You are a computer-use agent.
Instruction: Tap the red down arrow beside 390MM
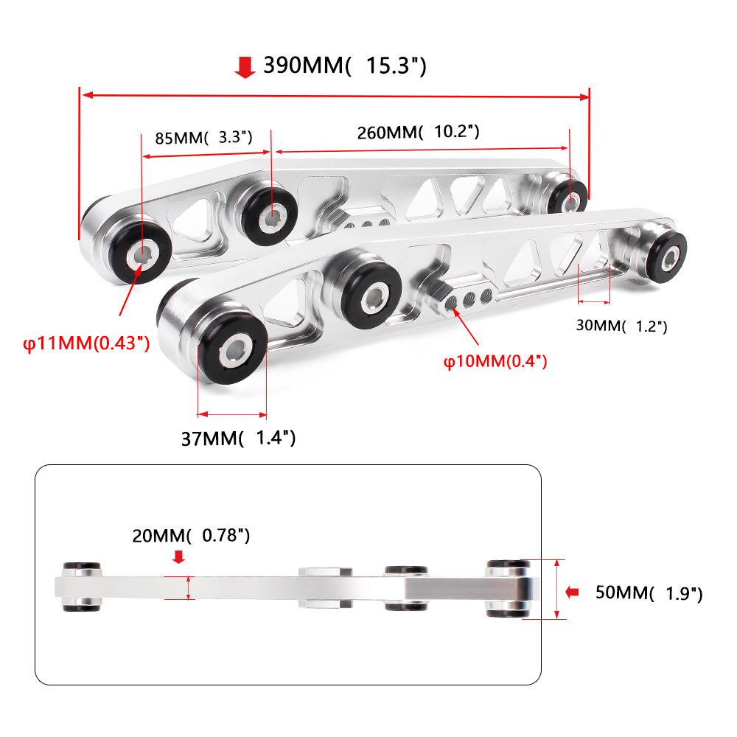(244, 68)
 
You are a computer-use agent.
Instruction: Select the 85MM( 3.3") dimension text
(204, 137)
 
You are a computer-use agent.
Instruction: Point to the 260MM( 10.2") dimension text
(419, 133)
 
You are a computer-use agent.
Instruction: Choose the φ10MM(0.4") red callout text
(495, 361)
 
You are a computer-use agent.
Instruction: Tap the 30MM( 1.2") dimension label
(621, 325)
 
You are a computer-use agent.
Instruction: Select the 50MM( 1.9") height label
(649, 593)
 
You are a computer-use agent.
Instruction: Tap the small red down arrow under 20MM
(178, 558)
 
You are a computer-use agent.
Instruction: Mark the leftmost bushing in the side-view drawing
(81, 587)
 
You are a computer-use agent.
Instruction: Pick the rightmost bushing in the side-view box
(508, 588)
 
